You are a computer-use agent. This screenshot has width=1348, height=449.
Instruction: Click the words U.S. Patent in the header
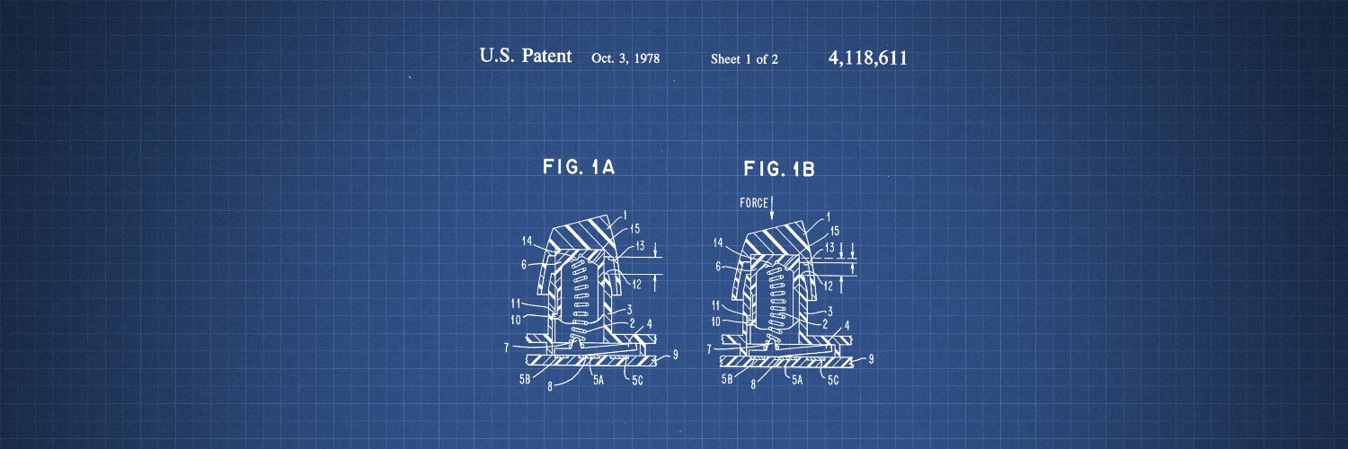[526, 56]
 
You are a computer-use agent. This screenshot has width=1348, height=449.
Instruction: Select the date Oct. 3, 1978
[625, 58]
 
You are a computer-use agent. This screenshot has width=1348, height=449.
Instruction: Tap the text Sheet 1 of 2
[744, 59]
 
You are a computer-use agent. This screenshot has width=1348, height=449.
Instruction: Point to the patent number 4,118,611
[868, 57]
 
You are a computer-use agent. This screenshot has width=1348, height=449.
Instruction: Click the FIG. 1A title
[579, 166]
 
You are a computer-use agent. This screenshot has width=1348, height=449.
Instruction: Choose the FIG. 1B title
[779, 169]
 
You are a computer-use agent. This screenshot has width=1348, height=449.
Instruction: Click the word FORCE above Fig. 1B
[754, 203]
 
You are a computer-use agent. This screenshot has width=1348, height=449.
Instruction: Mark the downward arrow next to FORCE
[772, 207]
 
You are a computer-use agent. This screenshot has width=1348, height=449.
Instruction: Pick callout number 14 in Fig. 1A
[528, 241]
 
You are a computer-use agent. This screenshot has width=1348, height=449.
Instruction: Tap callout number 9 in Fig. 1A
[675, 355]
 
